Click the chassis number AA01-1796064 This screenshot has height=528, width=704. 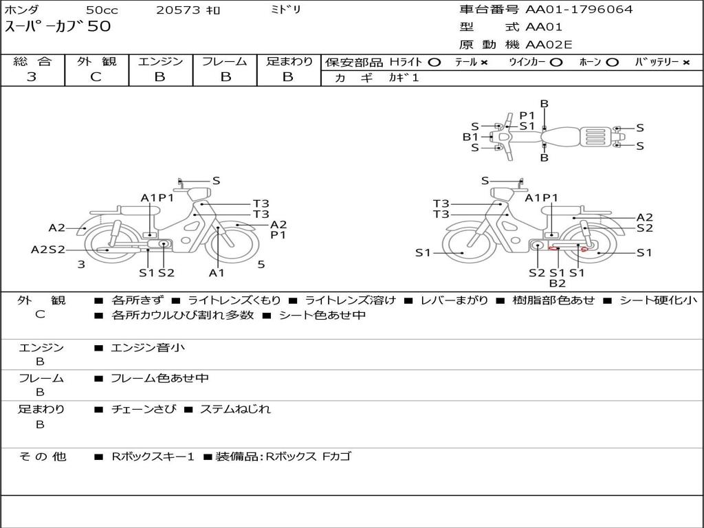click(x=579, y=10)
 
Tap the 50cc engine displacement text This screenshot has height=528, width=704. click(x=102, y=10)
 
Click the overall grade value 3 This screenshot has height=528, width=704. click(x=32, y=77)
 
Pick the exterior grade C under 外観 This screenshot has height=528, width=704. click(x=96, y=77)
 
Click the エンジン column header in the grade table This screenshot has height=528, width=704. click(x=160, y=61)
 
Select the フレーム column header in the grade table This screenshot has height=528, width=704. click(x=224, y=61)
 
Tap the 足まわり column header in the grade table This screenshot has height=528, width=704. click(x=289, y=61)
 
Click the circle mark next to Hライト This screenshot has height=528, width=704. click(x=434, y=62)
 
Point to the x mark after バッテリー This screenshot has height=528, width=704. click(x=685, y=62)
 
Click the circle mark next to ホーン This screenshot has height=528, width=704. click(x=612, y=62)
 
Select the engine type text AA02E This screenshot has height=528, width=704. click(x=549, y=45)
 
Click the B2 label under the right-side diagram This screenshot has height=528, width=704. click(x=557, y=283)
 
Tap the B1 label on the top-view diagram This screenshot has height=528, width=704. click(x=470, y=137)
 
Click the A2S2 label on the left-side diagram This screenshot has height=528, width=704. click(x=47, y=250)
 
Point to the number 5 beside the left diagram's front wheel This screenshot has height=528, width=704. click(x=261, y=264)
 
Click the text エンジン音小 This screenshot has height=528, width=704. click(x=148, y=348)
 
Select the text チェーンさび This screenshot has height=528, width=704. click(x=143, y=409)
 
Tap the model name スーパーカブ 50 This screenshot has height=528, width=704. click(x=58, y=27)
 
